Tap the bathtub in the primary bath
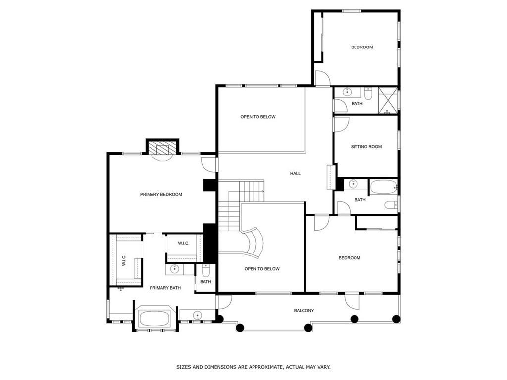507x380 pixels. tap(155, 318)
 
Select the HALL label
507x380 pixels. tap(295, 173)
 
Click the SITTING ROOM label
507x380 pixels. tap(366, 147)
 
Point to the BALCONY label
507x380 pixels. tap(304, 311)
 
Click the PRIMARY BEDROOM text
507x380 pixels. tap(161, 194)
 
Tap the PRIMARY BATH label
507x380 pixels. tap(165, 288)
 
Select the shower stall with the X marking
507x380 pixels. tap(388, 100)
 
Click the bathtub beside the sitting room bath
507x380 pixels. tap(383, 187)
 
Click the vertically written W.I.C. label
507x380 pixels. tap(124, 260)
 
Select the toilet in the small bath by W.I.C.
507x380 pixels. tap(206, 270)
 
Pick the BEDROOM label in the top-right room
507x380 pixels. tap(362, 47)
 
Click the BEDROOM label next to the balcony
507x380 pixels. tap(349, 258)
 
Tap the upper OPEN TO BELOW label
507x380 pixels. tap(257, 117)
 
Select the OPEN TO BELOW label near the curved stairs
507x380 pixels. tap(261, 269)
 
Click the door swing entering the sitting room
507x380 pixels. tap(340, 124)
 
